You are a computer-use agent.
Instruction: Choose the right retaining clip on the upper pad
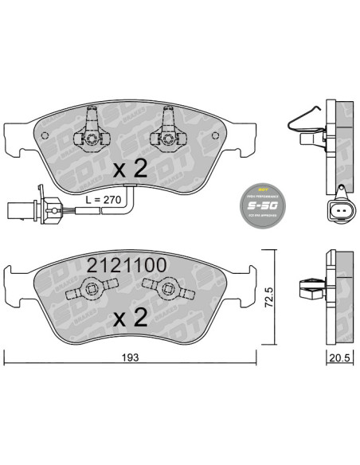click(169, 128)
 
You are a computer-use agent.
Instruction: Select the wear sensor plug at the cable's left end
click(20, 211)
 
